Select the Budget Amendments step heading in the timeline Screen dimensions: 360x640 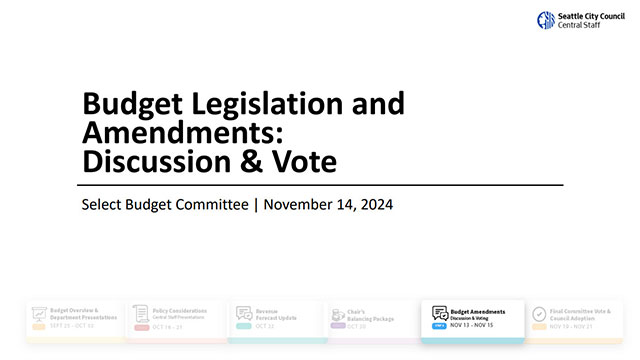click(x=478, y=311)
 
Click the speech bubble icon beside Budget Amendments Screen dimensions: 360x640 click(x=440, y=313)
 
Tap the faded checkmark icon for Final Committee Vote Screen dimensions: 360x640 click(x=539, y=314)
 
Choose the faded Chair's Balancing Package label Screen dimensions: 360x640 click(x=375, y=314)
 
